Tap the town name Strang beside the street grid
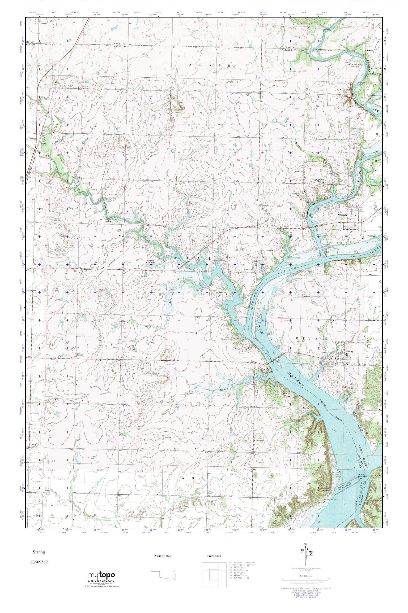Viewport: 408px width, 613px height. (350, 351)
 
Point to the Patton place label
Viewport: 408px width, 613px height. (42, 143)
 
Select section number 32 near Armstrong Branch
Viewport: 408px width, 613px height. (188, 292)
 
